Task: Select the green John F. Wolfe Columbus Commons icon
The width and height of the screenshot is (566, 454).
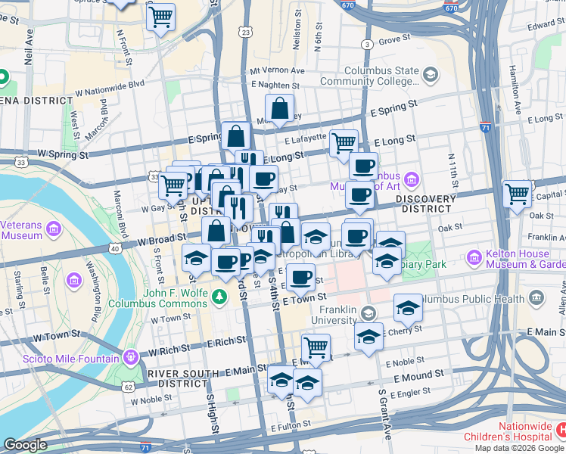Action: coord(220,295)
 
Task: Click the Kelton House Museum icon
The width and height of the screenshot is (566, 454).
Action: coord(474,257)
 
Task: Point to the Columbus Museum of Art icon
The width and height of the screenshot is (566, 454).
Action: coord(411,179)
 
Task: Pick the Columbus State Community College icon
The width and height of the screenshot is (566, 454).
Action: coord(431,74)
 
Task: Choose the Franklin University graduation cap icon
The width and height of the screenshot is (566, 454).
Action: coord(368,313)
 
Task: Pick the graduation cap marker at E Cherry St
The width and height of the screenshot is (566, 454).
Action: coord(369,336)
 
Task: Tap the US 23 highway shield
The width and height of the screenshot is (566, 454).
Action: coord(244,33)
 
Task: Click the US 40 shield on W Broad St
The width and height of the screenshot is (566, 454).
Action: coord(114,247)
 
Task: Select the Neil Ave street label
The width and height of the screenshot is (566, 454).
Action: coord(29,48)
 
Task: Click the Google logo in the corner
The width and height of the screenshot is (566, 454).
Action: coord(26,444)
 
